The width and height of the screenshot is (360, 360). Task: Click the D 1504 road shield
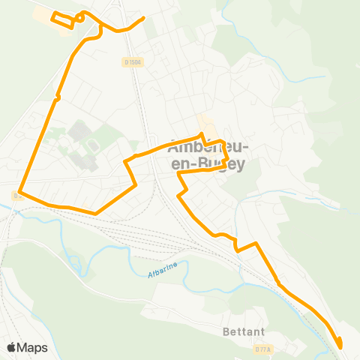coord(133,62)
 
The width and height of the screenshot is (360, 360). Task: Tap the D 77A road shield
coord(262,349)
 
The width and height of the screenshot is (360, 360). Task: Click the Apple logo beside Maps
coord(12,347)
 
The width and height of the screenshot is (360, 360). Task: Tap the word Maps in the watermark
coord(33,347)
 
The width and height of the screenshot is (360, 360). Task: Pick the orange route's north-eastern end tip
coord(143,17)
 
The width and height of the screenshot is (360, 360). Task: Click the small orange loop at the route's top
coord(80,16)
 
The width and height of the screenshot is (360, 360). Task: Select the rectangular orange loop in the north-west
coord(62,19)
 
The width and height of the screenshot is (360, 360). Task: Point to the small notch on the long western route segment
coord(56,96)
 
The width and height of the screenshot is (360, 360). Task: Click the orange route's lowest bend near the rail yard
coord(96,213)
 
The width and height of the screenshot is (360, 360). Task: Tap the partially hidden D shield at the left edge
coord(16,196)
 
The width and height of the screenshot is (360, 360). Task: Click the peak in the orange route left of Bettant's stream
coord(256,243)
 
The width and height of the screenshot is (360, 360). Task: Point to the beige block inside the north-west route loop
coord(61,21)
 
